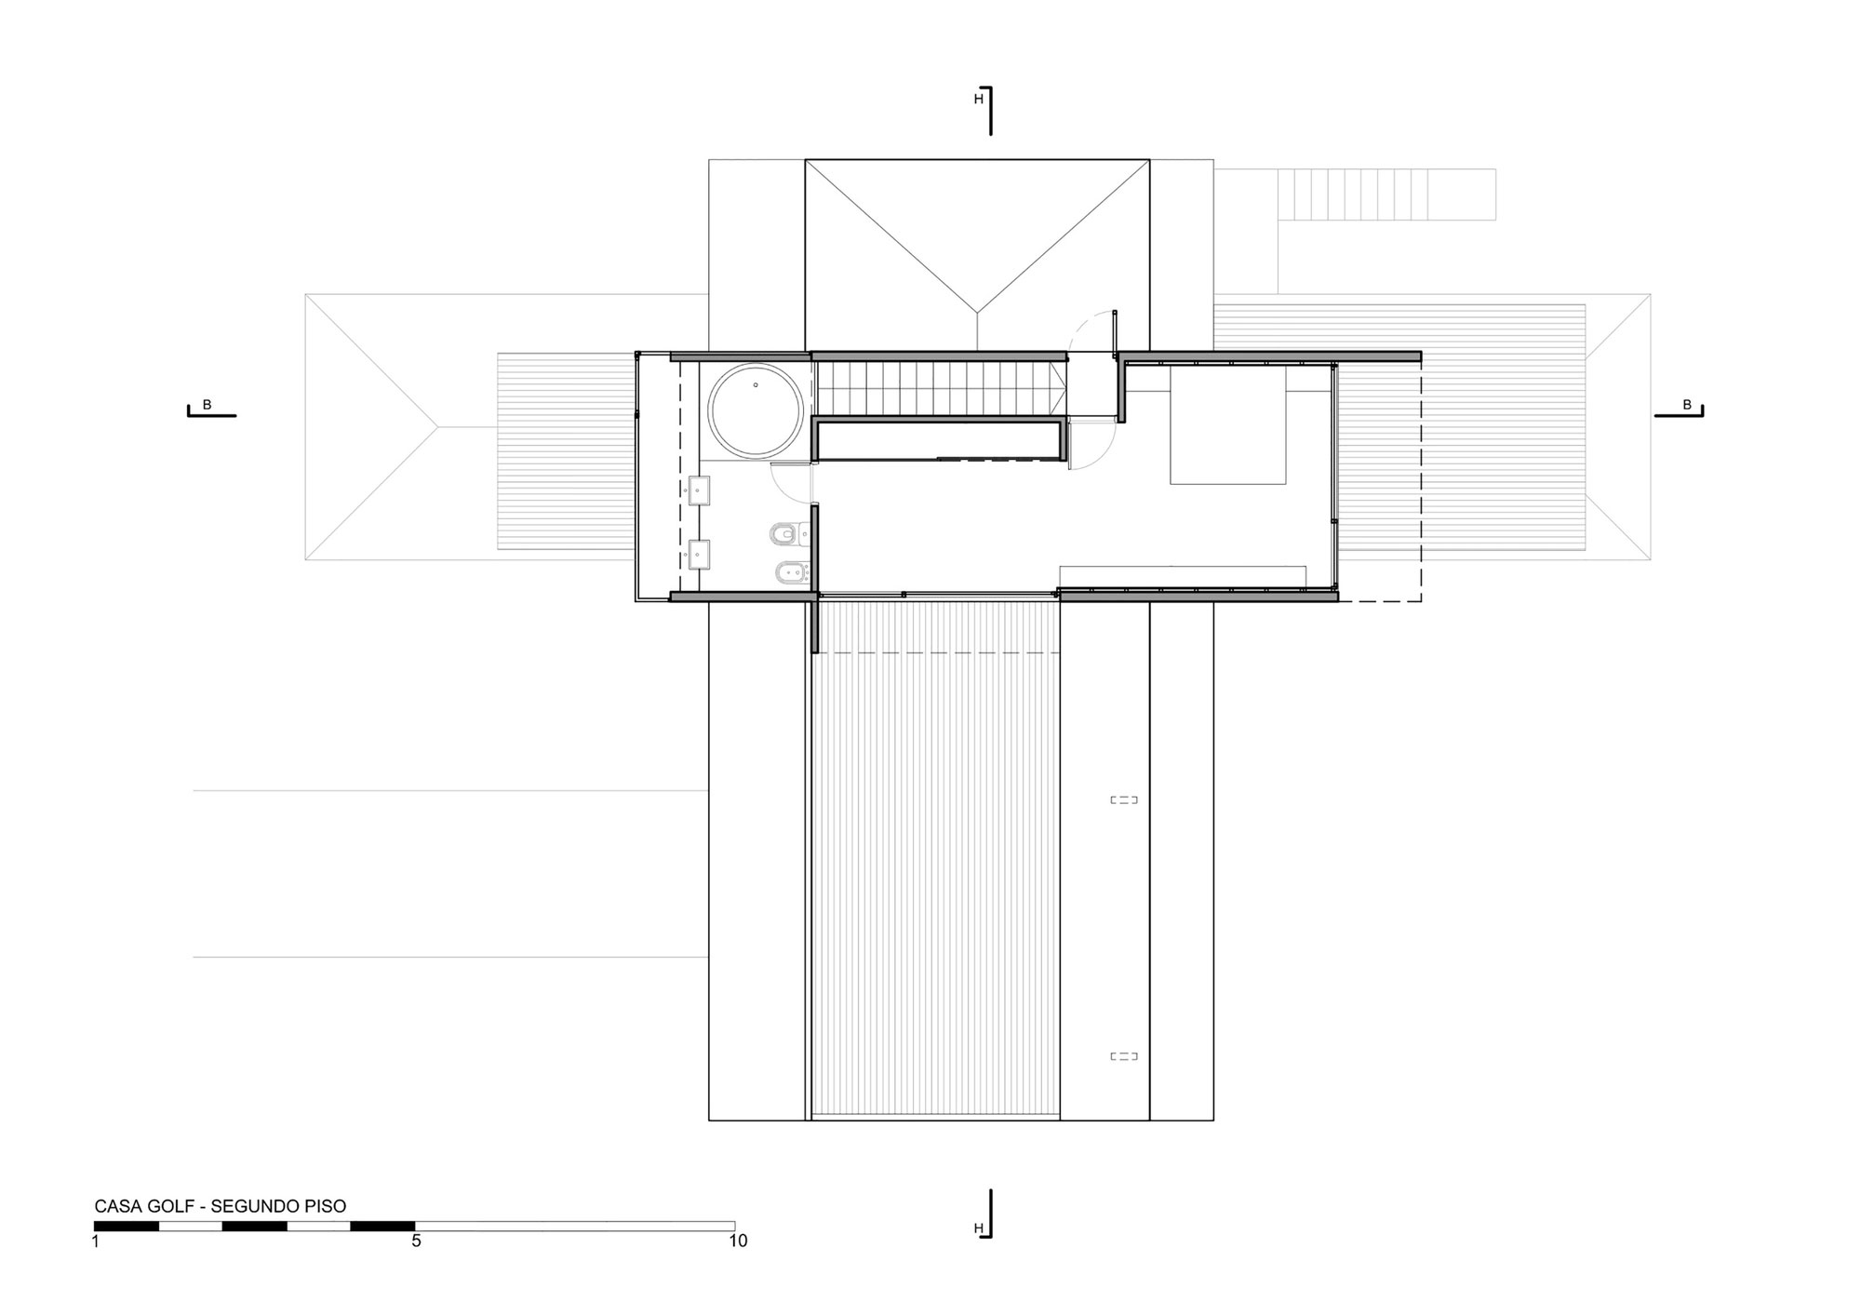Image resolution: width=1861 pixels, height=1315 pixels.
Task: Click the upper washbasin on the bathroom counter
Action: [699, 490]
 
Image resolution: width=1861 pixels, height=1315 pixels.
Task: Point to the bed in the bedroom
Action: [1227, 425]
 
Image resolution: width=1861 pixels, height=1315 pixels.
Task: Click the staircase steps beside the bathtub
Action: [940, 389]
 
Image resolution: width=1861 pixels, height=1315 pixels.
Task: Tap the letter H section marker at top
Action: [978, 99]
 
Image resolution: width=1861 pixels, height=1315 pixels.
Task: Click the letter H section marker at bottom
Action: [978, 1228]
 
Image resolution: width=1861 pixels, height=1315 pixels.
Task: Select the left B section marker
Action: [207, 405]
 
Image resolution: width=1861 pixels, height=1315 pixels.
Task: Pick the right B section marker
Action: [1686, 405]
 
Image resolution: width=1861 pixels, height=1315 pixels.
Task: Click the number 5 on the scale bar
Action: [416, 1241]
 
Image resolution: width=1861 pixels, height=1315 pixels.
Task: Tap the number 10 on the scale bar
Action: [738, 1241]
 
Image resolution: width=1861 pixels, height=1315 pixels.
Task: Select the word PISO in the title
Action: [325, 1206]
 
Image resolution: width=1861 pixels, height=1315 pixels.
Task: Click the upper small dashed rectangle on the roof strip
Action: [1124, 799]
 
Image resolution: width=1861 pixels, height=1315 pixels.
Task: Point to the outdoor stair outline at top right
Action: [1386, 194]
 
